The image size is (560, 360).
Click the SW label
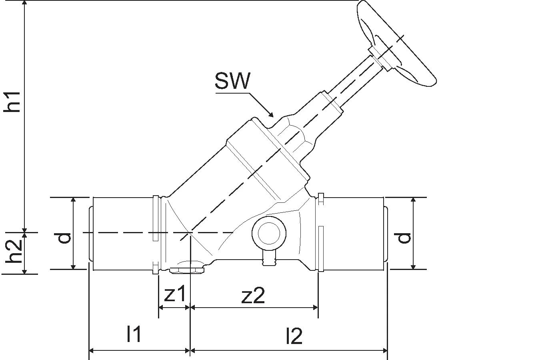click(232, 81)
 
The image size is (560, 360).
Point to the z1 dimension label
click(175, 295)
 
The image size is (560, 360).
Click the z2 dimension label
click(253, 296)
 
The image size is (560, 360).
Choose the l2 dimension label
click(294, 336)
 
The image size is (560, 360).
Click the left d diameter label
click(64, 238)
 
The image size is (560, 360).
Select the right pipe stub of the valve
click(354, 233)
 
